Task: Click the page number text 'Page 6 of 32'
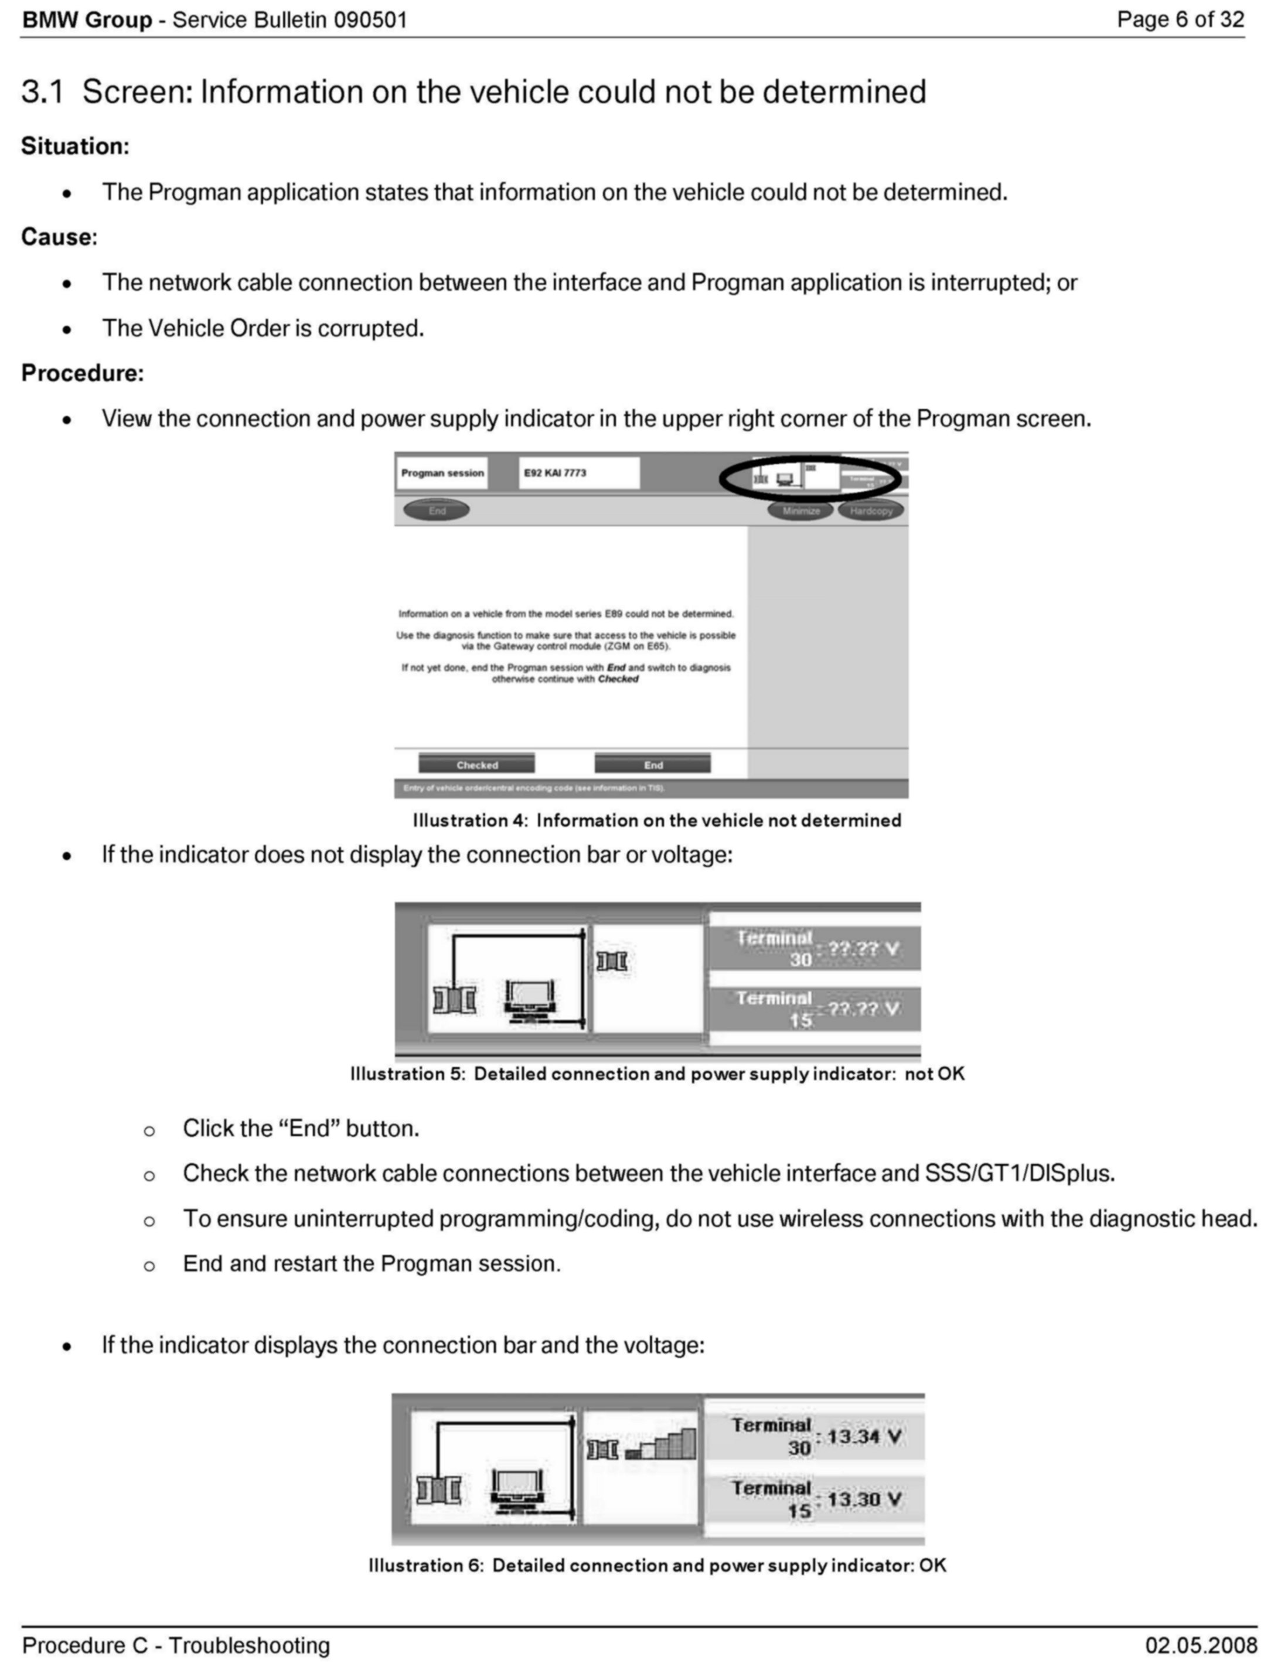pos(1180,20)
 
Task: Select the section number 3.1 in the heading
pos(43,92)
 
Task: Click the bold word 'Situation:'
pos(75,146)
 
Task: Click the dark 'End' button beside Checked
pos(653,764)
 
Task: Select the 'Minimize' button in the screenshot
pos(800,511)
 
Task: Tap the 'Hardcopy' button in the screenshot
pos(871,511)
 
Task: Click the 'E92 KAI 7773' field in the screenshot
pos(579,473)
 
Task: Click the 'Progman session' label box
pos(442,473)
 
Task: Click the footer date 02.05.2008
pos(1201,1645)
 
